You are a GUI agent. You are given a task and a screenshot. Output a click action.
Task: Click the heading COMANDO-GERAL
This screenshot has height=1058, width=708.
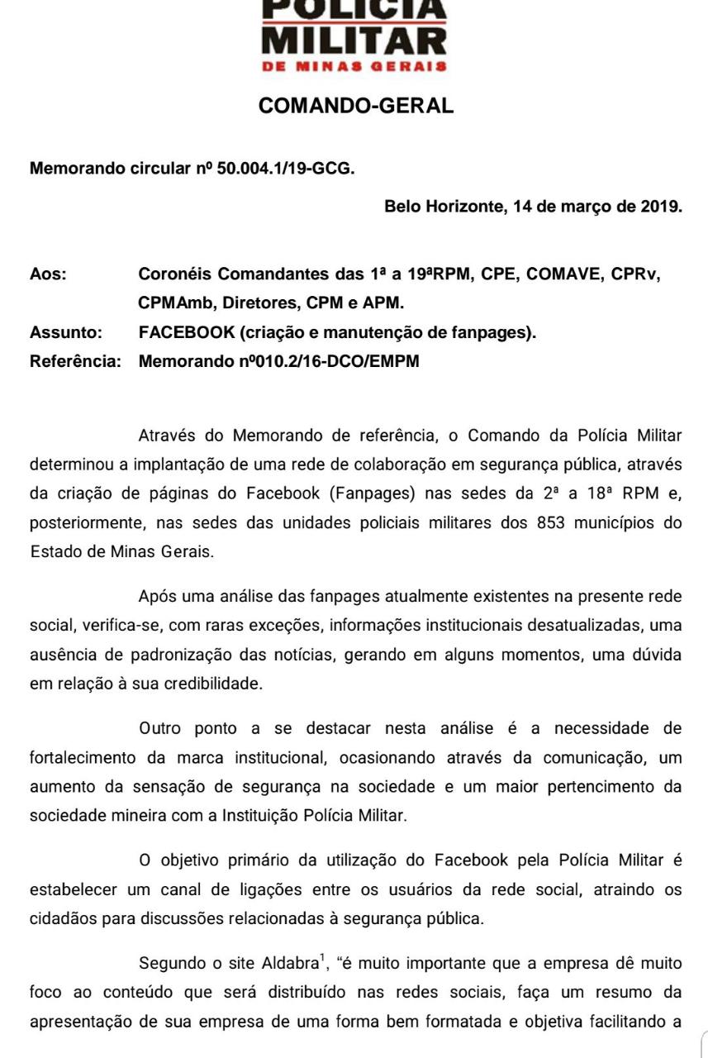[x=355, y=106]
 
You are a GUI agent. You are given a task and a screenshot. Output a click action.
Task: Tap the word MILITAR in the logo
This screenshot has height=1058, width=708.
[x=354, y=39]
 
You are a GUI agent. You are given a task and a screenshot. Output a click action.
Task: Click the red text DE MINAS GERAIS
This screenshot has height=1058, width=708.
[x=354, y=66]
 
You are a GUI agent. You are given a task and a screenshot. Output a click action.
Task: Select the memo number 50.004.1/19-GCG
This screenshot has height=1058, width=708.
[x=285, y=169]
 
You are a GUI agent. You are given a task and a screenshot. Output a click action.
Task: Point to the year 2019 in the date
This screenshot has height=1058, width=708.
[x=661, y=207]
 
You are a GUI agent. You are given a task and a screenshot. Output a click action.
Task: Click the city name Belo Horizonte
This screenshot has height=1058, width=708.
[x=442, y=207]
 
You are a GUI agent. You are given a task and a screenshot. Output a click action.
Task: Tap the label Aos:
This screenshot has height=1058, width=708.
[x=48, y=274]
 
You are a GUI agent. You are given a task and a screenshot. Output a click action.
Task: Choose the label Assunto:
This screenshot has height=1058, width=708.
[x=66, y=333]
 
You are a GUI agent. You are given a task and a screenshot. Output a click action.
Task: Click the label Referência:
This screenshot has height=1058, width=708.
[x=75, y=361]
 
